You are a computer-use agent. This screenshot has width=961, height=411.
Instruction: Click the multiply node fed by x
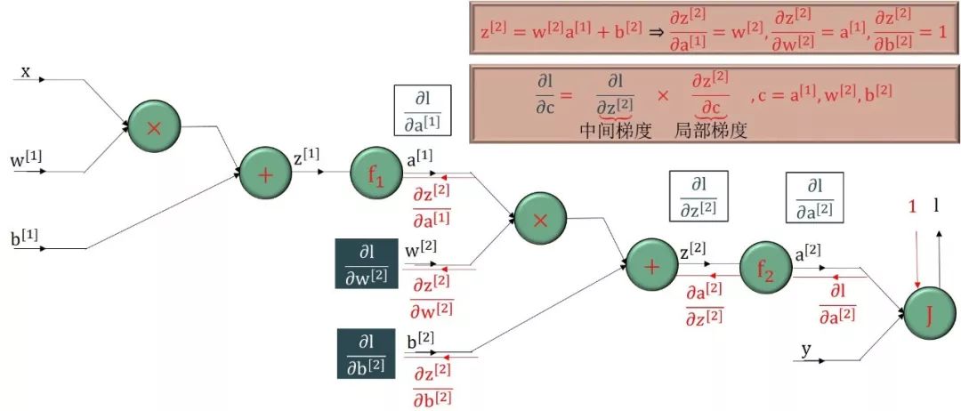tap(154, 127)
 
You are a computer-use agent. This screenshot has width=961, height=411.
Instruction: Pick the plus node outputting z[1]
tap(265, 173)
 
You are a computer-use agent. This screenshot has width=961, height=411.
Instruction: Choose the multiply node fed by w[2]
tap(540, 219)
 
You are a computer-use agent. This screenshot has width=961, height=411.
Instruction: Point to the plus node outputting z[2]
tap(651, 265)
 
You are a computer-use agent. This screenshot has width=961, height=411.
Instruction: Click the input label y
tap(806, 350)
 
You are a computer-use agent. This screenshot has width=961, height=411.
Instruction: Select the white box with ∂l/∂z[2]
tap(699, 196)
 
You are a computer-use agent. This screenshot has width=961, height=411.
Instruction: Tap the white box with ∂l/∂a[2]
tap(814, 197)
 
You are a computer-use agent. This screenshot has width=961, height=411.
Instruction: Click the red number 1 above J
tap(912, 207)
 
